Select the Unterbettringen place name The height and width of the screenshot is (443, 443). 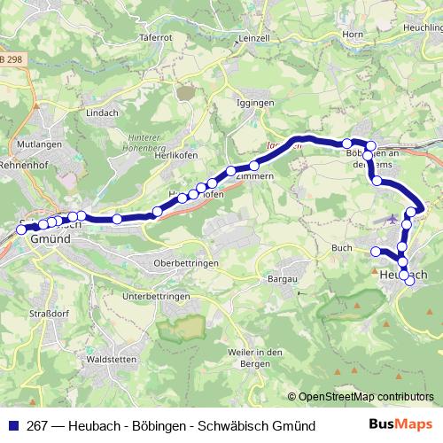[x=157, y=295]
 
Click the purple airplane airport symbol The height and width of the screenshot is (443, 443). [x=392, y=218]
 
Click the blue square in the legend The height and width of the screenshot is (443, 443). [x=13, y=426]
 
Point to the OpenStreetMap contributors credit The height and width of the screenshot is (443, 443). [x=361, y=398]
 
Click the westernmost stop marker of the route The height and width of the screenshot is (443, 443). [x=21, y=229]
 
